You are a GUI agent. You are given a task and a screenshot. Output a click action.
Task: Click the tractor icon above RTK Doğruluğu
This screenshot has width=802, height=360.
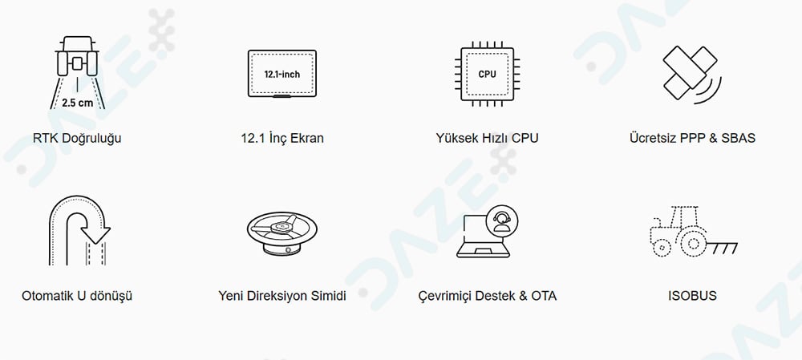tap(77, 57)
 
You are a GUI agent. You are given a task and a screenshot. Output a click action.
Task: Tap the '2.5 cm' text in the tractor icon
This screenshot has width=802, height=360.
tap(78, 103)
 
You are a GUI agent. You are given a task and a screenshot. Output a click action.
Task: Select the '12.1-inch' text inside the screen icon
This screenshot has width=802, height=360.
tap(282, 74)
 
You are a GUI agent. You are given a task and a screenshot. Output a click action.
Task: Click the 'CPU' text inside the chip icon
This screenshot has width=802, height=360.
tap(487, 74)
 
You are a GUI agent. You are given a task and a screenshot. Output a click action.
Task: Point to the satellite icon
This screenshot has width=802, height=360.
tap(691, 74)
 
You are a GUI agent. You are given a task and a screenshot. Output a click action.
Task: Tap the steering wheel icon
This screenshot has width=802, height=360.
tap(282, 233)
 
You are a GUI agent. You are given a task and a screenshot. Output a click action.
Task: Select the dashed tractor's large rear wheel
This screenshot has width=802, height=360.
tap(693, 242)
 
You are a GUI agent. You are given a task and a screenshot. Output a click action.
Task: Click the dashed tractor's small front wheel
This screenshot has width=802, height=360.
tap(662, 248)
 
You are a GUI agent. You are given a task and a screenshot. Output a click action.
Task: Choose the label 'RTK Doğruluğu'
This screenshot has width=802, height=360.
tap(77, 139)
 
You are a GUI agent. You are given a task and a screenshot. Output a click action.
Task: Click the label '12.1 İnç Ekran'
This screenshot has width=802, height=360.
tap(282, 138)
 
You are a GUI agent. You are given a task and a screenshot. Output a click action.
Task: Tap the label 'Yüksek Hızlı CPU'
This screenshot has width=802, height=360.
tap(487, 138)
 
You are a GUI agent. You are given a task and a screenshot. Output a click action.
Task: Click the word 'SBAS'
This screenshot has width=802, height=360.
tap(738, 138)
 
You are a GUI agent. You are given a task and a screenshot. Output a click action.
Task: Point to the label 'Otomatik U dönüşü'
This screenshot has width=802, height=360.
tap(77, 296)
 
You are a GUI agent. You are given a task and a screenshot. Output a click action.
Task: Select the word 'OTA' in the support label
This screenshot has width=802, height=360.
tap(544, 296)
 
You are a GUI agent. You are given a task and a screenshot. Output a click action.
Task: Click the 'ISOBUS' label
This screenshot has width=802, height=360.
tap(692, 296)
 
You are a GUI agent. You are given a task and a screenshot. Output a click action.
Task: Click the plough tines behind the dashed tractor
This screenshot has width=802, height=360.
tap(723, 248)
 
